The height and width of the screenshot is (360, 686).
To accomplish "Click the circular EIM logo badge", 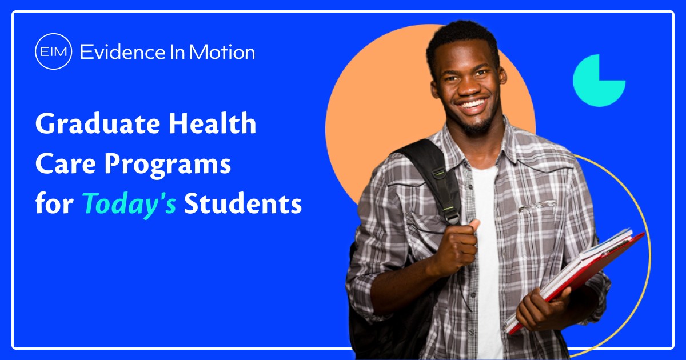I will tap(53, 53).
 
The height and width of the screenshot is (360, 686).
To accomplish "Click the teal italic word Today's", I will tap(129, 204).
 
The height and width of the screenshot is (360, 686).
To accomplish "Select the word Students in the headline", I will tap(242, 204).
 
